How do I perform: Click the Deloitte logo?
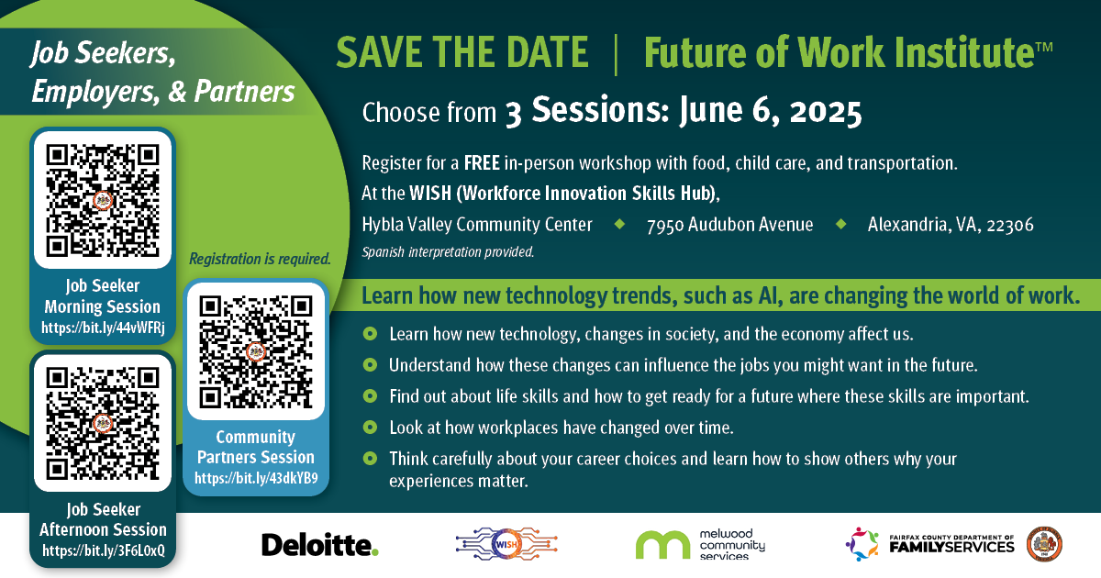319,545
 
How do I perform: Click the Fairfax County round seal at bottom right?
1044,545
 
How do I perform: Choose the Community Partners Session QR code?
256,351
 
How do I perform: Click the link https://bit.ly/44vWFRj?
103,327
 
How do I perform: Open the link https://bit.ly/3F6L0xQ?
103,550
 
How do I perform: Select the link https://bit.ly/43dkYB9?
256,478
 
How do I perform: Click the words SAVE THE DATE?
462,53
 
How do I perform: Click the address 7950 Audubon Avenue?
729,225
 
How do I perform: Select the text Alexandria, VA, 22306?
951,225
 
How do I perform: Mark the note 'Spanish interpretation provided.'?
448,250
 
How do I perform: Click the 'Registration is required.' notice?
260,259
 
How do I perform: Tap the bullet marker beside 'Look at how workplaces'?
370,428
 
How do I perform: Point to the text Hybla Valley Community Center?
477,225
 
